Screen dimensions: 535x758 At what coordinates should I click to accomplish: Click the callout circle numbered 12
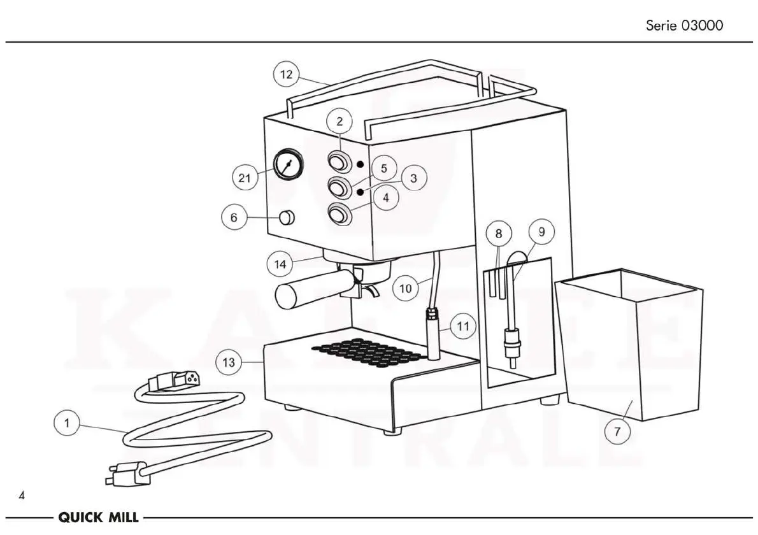point(287,75)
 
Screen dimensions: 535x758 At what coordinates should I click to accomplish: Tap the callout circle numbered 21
point(245,178)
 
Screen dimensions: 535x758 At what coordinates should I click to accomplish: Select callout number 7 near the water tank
point(617,432)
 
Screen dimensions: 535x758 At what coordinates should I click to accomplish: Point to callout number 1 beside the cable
point(67,422)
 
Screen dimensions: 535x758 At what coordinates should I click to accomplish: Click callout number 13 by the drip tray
point(229,363)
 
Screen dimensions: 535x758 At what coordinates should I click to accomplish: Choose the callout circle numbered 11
point(463,327)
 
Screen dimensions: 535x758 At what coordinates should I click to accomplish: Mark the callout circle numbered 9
point(541,232)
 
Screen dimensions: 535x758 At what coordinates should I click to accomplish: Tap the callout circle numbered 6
point(234,218)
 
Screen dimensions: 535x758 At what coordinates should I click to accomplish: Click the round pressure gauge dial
point(289,165)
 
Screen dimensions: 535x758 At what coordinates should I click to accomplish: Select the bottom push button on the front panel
point(339,214)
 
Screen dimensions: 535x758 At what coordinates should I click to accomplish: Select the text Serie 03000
point(685,26)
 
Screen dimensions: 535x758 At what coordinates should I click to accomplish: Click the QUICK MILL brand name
point(99,518)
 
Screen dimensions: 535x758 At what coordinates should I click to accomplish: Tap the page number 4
point(22,496)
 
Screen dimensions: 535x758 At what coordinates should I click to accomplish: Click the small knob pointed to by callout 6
point(288,218)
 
